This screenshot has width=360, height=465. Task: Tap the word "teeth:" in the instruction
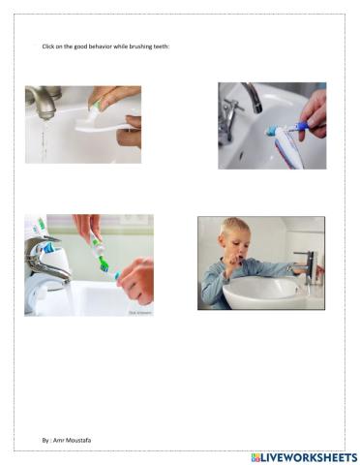(159, 46)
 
